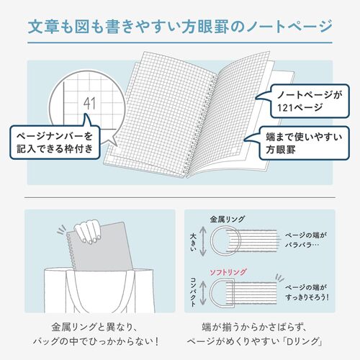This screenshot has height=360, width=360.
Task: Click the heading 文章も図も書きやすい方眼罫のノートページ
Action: pyautogui.click(x=179, y=28)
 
